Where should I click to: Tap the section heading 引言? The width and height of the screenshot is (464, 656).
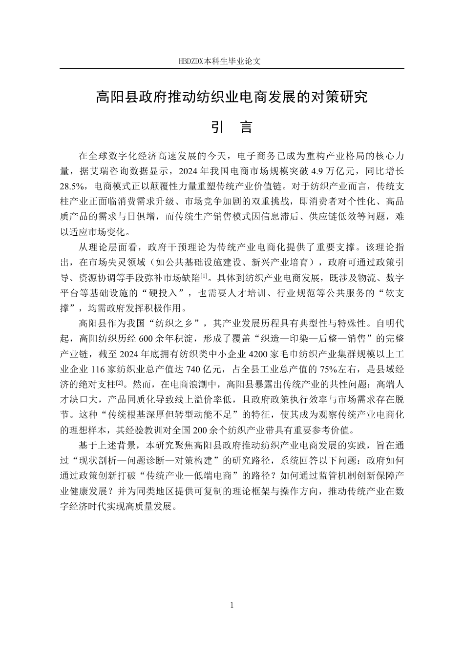coord(232,127)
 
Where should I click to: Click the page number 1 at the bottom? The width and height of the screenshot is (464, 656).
coord(232,605)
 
